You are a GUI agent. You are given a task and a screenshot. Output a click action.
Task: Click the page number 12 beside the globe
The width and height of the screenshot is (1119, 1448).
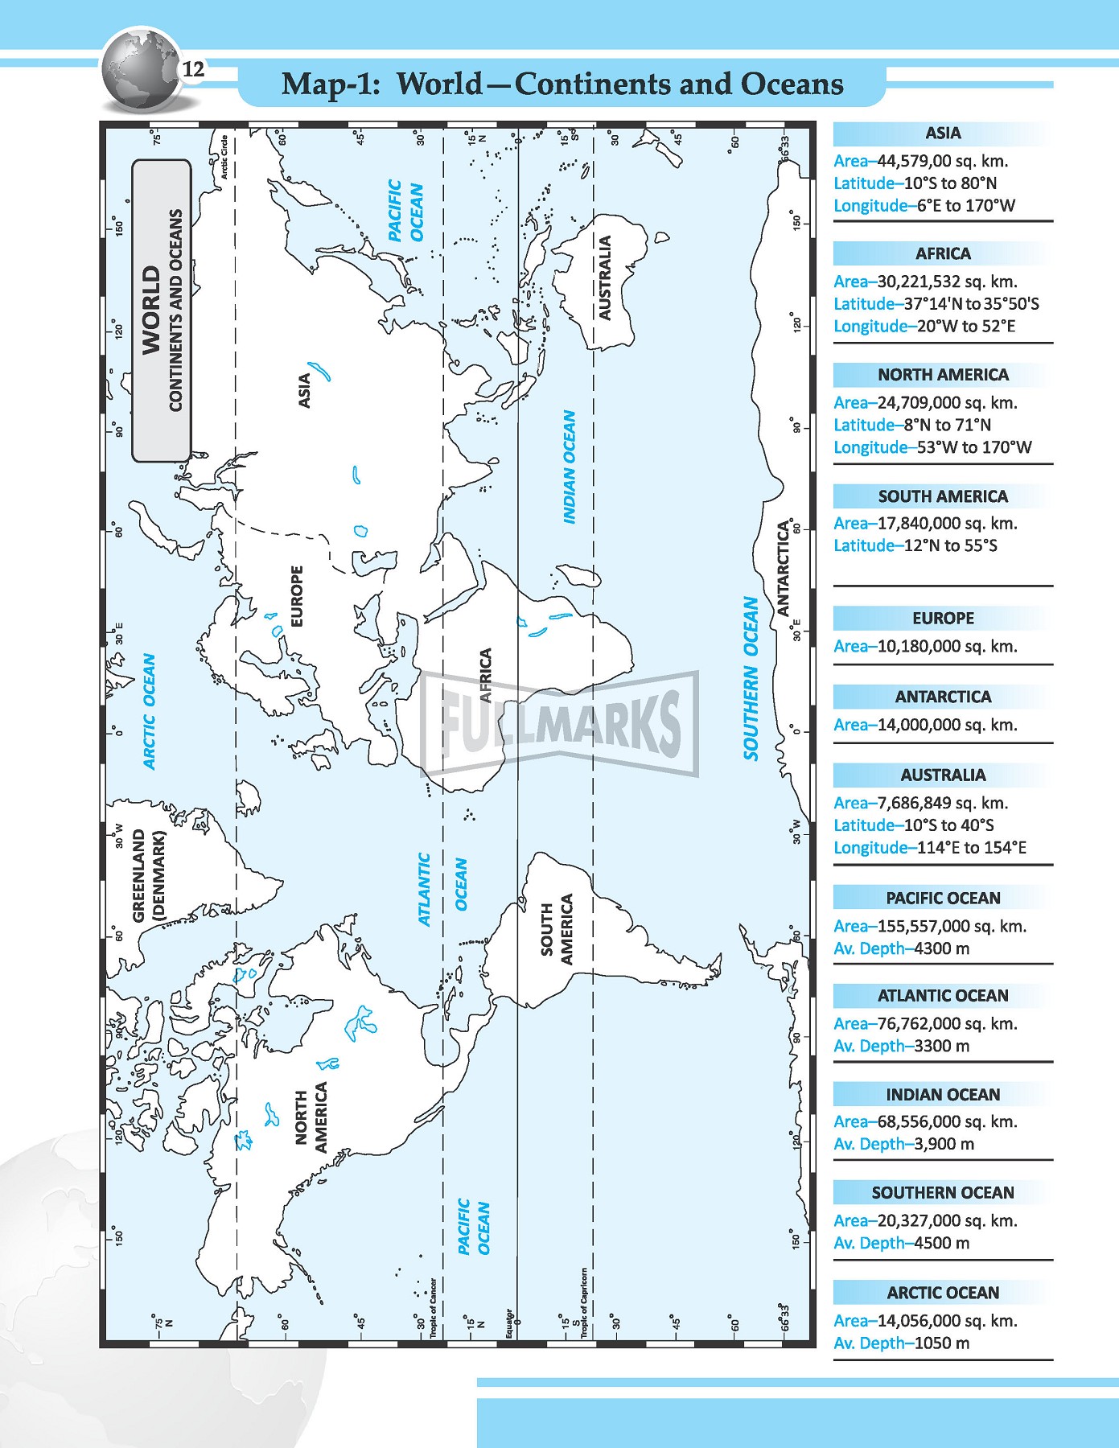click(194, 70)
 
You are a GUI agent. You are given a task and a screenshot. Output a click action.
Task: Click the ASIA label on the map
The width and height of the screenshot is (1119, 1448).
click(304, 390)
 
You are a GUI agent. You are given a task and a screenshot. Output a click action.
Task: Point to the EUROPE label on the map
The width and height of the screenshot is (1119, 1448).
click(297, 596)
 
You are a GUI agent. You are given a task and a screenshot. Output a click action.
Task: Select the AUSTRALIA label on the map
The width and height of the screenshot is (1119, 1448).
click(605, 278)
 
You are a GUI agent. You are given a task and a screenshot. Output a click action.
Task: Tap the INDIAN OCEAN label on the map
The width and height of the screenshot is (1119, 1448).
click(570, 467)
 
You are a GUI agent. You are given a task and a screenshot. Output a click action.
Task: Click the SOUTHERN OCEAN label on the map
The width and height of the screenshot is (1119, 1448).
click(751, 677)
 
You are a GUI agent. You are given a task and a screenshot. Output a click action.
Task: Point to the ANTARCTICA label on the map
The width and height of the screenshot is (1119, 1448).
click(784, 568)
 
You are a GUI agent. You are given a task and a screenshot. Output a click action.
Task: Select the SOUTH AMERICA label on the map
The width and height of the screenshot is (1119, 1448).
click(557, 929)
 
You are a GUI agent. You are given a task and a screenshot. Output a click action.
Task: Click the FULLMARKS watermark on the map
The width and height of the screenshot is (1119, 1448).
click(560, 722)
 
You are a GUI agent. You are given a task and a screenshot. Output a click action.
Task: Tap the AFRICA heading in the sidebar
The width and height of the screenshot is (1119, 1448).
click(943, 254)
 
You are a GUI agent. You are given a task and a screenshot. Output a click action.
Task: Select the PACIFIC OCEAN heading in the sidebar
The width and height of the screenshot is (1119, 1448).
click(943, 899)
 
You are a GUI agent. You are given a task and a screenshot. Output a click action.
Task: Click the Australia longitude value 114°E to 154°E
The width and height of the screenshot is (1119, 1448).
click(971, 848)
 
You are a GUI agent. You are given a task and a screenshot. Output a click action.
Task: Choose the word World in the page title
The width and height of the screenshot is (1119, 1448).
click(440, 84)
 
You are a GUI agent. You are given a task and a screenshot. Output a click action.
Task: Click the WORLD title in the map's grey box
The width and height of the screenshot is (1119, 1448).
click(151, 311)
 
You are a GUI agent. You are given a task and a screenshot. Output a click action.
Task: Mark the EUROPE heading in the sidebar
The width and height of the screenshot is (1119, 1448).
click(943, 619)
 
